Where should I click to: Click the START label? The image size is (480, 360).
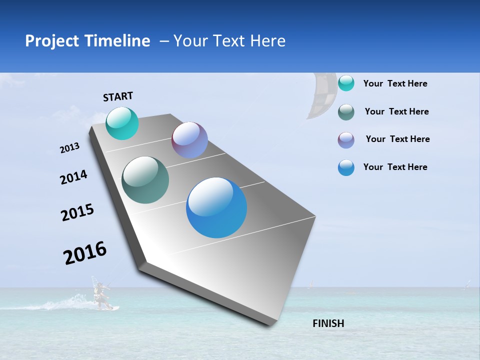tap(118, 96)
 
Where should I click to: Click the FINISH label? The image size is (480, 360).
tap(328, 323)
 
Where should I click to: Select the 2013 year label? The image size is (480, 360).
tap(69, 148)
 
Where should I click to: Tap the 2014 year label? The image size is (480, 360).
tap(73, 177)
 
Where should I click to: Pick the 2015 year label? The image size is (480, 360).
tap(77, 212)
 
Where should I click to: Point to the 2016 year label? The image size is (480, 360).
tap(85, 253)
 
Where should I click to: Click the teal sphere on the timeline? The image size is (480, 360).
tap(122, 123)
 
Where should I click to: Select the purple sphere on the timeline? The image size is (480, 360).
tap(189, 140)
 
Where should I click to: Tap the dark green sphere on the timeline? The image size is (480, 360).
tap(145, 180)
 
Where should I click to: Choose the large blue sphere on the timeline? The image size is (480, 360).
tap(216, 207)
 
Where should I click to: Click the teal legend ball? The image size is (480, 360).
tap(346, 83)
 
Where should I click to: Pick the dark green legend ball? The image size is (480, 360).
tap(346, 112)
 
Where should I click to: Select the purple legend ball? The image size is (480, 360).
tap(346, 140)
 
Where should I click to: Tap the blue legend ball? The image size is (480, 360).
tap(346, 167)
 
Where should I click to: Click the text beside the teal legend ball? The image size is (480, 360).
tap(395, 83)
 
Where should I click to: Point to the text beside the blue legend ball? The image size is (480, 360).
tap(395, 167)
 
